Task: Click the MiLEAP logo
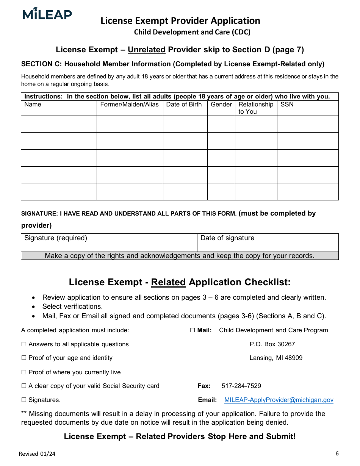(x=47, y=14)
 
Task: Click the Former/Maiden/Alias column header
(x=129, y=105)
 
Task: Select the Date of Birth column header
(x=184, y=105)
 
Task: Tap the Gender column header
(x=221, y=105)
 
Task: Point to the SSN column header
(x=287, y=105)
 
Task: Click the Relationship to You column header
(x=256, y=108)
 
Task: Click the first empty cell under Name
(x=59, y=124)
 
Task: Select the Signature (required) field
(x=109, y=242)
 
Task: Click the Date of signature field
(x=268, y=242)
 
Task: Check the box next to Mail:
(x=193, y=330)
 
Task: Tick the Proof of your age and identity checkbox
(x=24, y=358)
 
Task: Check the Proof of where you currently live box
(x=24, y=372)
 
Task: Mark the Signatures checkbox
(x=24, y=400)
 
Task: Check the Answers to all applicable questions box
(x=24, y=344)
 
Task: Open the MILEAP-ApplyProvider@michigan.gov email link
(x=279, y=400)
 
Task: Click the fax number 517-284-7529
(x=241, y=386)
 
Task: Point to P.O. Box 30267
(x=272, y=344)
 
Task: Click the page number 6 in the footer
(x=337, y=453)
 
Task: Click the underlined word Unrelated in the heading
(x=146, y=50)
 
